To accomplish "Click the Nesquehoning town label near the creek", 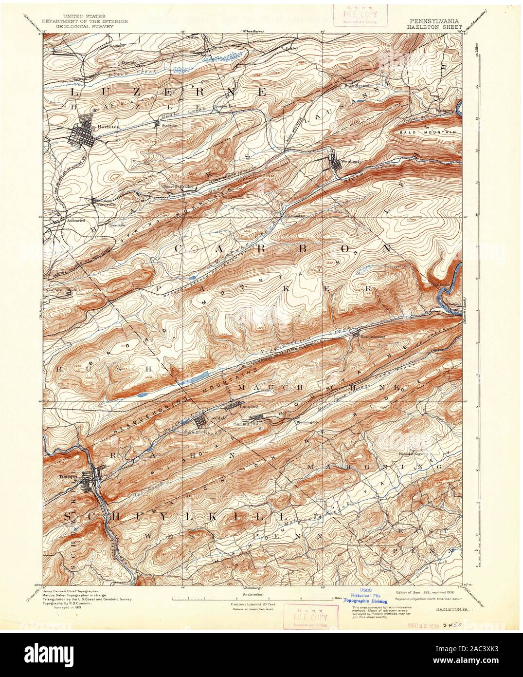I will tap(372, 336).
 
